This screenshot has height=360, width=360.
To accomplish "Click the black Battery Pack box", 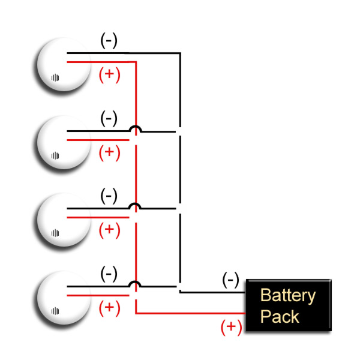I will [x=288, y=305].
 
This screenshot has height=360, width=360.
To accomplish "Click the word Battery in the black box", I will [x=287, y=295].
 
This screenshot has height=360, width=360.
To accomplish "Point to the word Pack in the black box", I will [x=280, y=316].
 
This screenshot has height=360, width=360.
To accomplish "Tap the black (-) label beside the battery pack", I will [x=230, y=280].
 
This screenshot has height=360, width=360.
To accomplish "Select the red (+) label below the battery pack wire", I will [x=231, y=326].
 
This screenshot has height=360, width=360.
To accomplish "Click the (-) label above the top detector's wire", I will [x=109, y=41].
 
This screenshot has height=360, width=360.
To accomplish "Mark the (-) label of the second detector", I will [x=109, y=118].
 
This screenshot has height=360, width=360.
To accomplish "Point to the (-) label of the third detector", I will [x=109, y=196].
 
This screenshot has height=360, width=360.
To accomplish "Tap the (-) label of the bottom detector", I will [x=109, y=274].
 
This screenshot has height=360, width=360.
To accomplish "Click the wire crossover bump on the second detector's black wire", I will [x=136, y=128].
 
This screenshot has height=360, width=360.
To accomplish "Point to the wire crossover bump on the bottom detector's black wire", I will [x=136, y=284].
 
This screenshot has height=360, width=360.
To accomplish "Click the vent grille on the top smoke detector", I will [x=55, y=77].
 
